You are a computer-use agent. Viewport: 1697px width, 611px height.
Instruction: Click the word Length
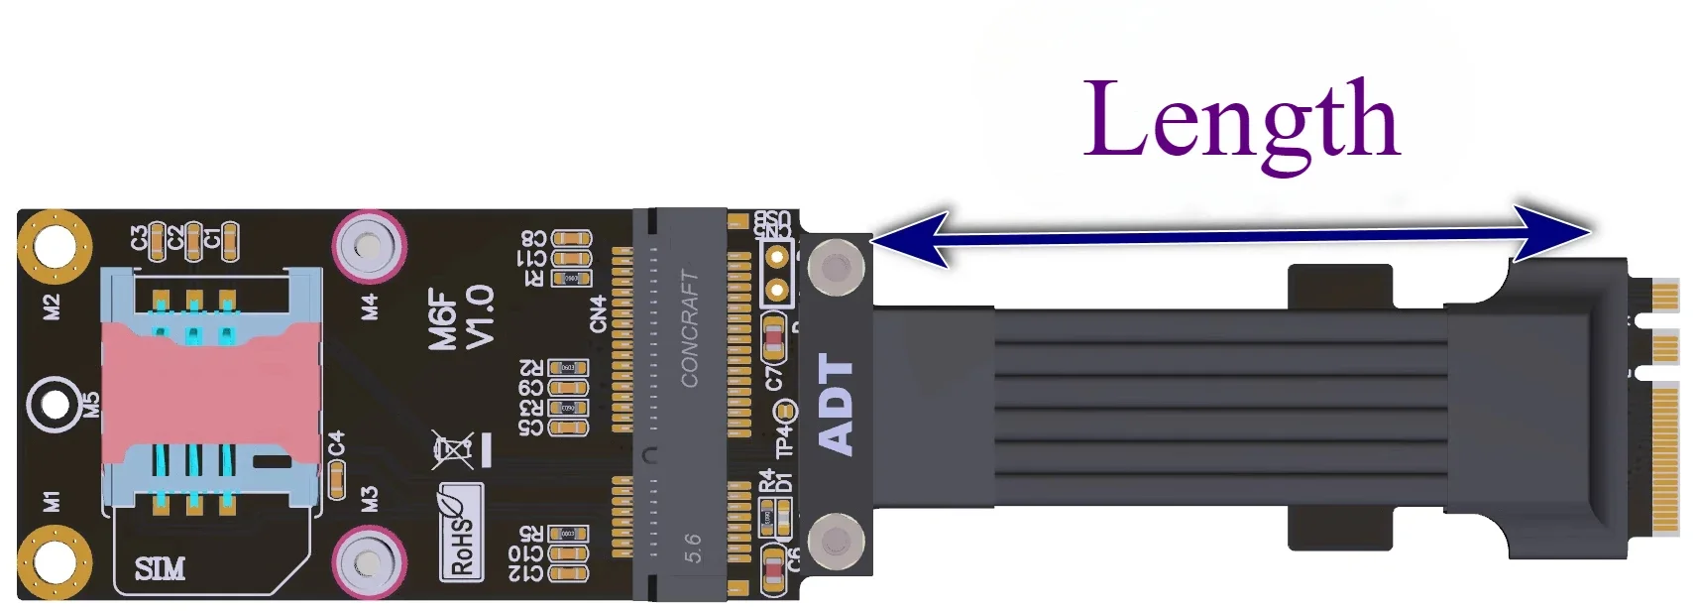click(1241, 122)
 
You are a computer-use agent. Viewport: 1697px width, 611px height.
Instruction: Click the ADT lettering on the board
click(836, 406)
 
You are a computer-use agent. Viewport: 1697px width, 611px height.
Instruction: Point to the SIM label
click(160, 569)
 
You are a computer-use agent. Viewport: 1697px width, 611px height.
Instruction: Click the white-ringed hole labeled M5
click(55, 405)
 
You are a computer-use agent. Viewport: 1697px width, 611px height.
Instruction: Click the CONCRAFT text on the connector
click(690, 328)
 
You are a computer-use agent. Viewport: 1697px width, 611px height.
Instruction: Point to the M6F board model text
click(442, 317)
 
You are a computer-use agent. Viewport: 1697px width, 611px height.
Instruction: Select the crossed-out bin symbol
click(453, 450)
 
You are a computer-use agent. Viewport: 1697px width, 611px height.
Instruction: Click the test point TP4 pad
click(784, 411)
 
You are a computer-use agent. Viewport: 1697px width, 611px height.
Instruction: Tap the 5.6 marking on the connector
click(692, 548)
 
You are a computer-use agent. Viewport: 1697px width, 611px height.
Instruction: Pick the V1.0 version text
click(479, 317)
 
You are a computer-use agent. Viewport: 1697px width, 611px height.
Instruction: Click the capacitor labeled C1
click(229, 240)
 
